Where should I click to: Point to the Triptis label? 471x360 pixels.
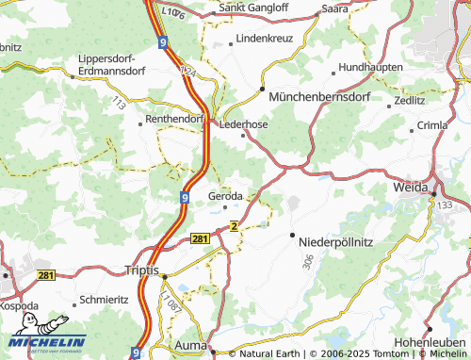point(142,270)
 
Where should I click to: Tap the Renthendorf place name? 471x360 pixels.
point(175,120)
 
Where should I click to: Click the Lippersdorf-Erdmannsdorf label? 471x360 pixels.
point(112,65)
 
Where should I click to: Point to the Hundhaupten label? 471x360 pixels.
point(371,67)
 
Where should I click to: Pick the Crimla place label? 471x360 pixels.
point(432,125)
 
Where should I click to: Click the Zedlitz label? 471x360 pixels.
point(409,99)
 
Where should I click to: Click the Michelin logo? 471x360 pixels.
point(47,342)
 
